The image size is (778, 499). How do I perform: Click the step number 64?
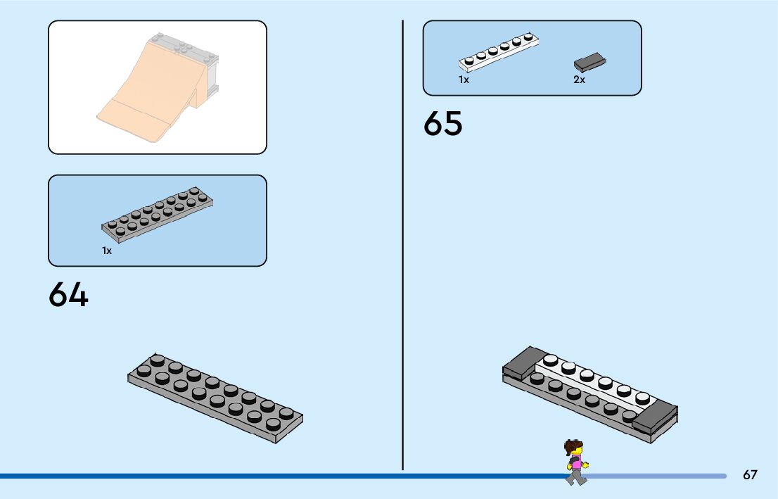tap(68, 295)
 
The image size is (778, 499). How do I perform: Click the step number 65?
tap(442, 124)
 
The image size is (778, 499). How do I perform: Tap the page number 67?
tap(750, 475)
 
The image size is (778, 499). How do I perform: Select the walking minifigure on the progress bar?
tap(575, 462)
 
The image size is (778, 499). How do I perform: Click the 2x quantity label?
tap(579, 80)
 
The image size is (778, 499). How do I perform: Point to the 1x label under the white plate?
tap(464, 80)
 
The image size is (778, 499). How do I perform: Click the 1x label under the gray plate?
tap(107, 251)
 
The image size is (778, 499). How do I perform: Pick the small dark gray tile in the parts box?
tap(590, 63)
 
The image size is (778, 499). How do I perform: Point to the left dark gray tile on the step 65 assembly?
tap(525, 362)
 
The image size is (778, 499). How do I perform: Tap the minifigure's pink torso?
tap(576, 462)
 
